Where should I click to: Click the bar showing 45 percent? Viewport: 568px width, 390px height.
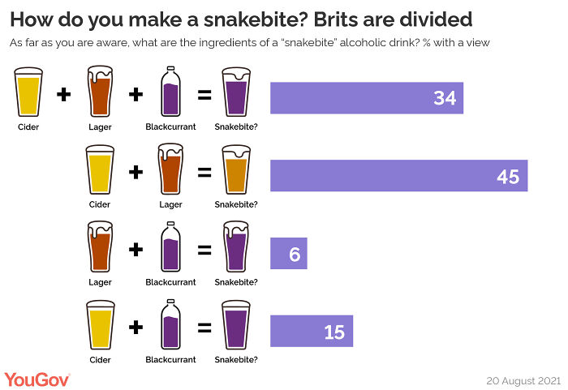pyautogui.click(x=398, y=176)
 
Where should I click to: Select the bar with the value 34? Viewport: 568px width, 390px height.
pyautogui.click(x=366, y=98)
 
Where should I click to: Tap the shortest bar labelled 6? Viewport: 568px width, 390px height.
pyautogui.click(x=288, y=254)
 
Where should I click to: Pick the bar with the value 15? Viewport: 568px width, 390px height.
pyautogui.click(x=312, y=331)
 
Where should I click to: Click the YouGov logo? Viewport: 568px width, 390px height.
pyautogui.click(x=37, y=379)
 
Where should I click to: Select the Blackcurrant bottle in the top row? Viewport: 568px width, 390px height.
pyautogui.click(x=170, y=92)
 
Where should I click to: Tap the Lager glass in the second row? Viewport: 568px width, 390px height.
pyautogui.click(x=170, y=170)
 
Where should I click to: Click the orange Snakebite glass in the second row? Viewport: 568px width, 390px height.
pyautogui.click(x=236, y=171)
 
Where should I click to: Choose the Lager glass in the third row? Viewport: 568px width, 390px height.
pyautogui.click(x=99, y=248)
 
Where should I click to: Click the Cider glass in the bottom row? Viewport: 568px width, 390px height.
pyautogui.click(x=99, y=326)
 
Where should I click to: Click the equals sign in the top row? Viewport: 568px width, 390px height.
pyautogui.click(x=204, y=95)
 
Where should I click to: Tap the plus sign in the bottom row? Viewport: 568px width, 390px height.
pyautogui.click(x=136, y=328)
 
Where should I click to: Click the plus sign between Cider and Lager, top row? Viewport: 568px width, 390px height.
pyautogui.click(x=64, y=95)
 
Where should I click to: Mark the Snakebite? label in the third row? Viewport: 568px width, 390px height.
pyautogui.click(x=236, y=282)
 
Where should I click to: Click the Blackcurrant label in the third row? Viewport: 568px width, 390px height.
pyautogui.click(x=170, y=282)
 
